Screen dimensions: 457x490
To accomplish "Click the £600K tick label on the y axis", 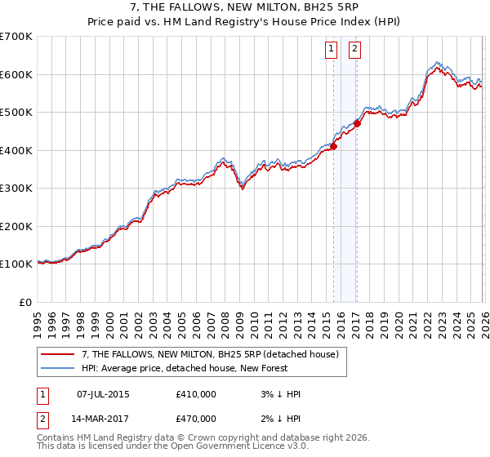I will [16, 74].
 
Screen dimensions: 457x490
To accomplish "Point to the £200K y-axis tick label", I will [16, 226].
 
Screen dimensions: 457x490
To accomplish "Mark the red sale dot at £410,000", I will [333, 147].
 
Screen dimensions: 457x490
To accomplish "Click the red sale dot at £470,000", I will [358, 124].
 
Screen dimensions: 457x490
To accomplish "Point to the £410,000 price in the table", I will [196, 394].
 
